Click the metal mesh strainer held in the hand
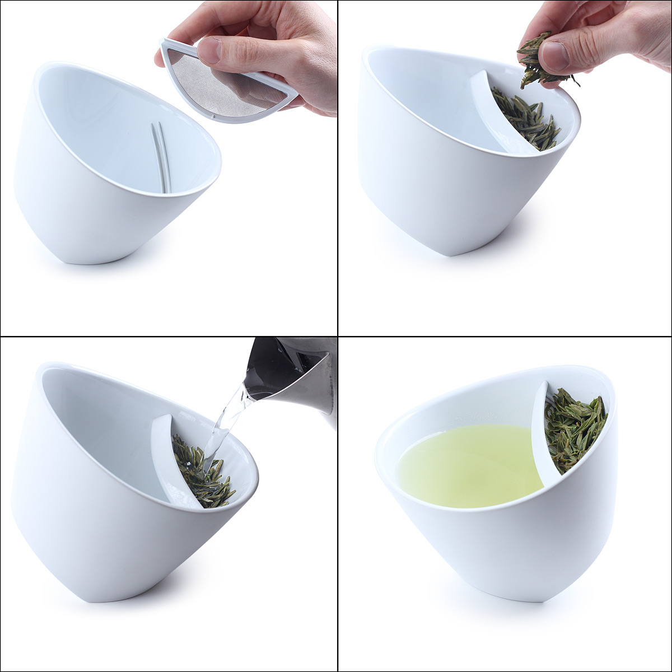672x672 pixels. pyautogui.click(x=224, y=84)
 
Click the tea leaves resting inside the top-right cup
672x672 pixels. pyautogui.click(x=529, y=120)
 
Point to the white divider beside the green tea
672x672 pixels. pyautogui.click(x=538, y=431)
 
